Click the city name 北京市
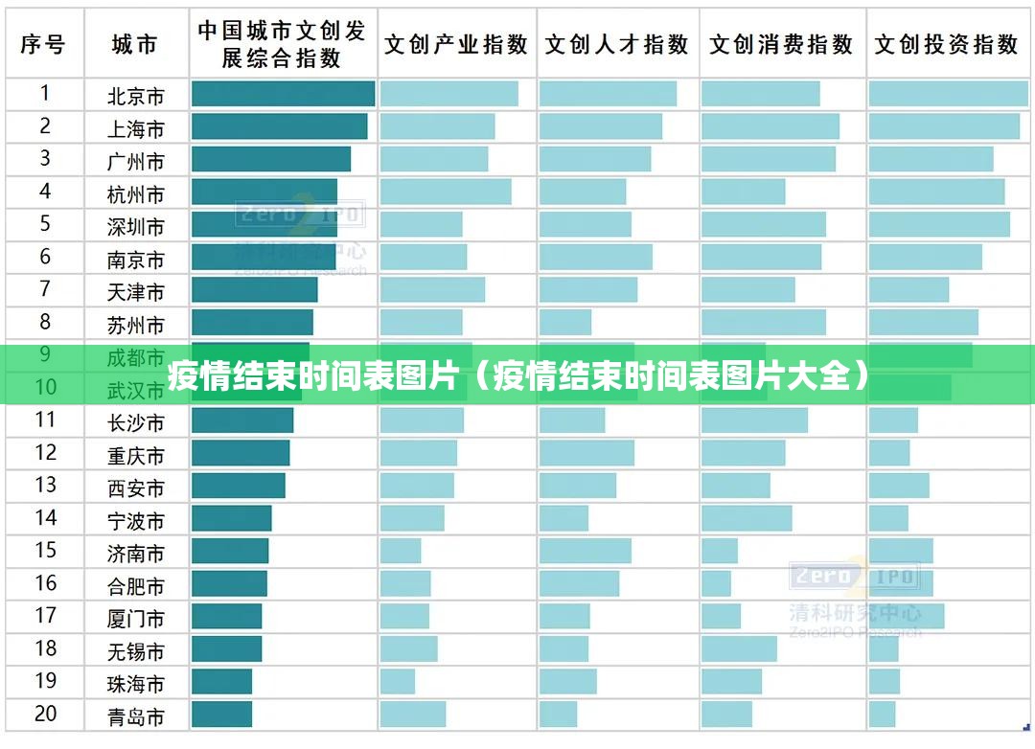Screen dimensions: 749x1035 [x=136, y=96]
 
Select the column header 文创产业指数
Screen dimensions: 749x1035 [x=456, y=44]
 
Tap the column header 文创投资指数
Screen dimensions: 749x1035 [x=946, y=44]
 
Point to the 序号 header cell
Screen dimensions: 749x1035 [x=43, y=44]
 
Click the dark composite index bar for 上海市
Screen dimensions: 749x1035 [x=279, y=126]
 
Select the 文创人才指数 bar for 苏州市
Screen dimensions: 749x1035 [x=565, y=322]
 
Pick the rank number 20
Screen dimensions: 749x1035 [x=45, y=714]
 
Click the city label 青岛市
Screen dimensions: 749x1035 [x=136, y=715]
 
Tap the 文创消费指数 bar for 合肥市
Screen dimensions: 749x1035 [x=716, y=583]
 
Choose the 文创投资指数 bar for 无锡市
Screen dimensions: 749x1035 [x=884, y=648]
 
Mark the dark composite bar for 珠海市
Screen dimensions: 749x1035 [x=221, y=681]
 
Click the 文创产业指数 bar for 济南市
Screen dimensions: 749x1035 [x=401, y=551]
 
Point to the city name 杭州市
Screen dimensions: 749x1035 [x=136, y=193]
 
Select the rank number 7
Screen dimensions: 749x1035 [x=45, y=289]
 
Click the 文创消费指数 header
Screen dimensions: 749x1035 [x=781, y=44]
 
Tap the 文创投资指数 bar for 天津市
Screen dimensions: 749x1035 [x=908, y=289]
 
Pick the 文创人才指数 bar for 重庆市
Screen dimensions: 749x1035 [x=586, y=453]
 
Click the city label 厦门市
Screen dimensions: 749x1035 [x=136, y=618]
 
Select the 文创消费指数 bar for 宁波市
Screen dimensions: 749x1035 [x=747, y=518]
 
